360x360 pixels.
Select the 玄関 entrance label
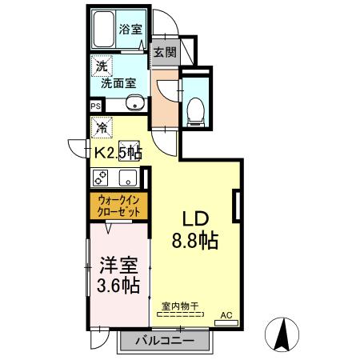166,53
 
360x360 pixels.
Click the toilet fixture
194,110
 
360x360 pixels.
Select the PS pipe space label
95,105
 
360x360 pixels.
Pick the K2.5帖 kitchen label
119,152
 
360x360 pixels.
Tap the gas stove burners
102,178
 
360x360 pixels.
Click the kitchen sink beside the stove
128,178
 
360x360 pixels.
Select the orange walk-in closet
118,206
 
